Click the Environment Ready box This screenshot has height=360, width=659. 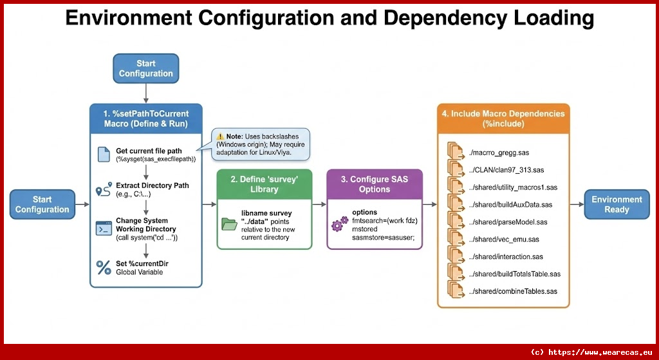[617, 204]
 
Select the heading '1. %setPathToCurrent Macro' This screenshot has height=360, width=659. [146, 118]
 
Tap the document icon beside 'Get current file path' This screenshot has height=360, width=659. [103, 155]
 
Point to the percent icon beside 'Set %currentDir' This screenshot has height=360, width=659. [103, 267]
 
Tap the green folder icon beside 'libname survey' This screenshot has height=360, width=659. [229, 224]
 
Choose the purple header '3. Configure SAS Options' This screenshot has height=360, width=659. [375, 184]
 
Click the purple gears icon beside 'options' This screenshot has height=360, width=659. [339, 225]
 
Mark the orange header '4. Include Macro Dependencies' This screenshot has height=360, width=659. [503, 118]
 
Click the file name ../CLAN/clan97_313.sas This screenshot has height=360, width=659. [506, 170]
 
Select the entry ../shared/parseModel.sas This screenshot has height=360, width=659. [508, 222]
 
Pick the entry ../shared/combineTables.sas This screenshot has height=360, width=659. [513, 291]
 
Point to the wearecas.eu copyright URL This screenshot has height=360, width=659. [591, 352]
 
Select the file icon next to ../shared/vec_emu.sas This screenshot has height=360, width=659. [456, 240]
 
